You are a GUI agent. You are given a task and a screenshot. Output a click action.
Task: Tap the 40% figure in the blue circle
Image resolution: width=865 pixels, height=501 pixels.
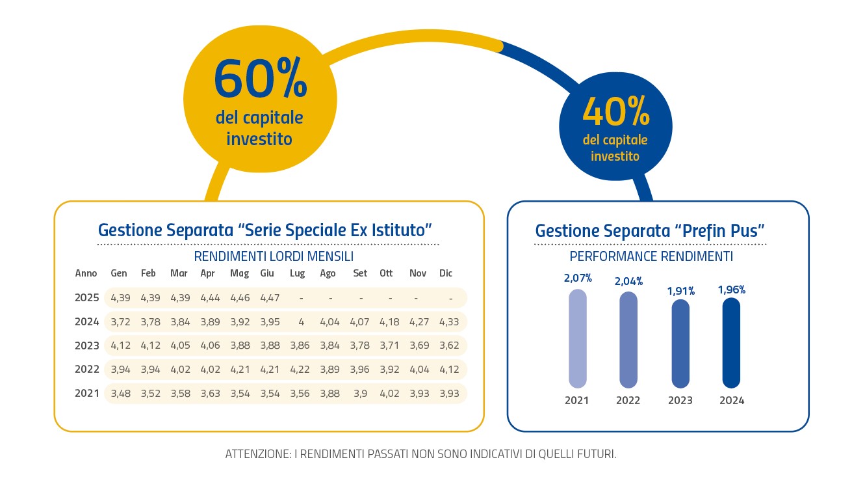point(615,112)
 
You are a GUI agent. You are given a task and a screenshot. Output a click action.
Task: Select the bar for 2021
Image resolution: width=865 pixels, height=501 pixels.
point(577,338)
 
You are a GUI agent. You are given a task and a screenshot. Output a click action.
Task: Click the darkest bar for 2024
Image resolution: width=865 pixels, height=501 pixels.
point(732,342)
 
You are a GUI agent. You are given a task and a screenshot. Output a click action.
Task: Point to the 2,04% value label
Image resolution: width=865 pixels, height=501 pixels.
point(629,281)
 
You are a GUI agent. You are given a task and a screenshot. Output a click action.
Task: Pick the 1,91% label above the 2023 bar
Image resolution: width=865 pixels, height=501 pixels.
point(680,291)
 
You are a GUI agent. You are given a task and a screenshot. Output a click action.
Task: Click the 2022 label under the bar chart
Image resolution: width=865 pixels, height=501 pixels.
point(628,400)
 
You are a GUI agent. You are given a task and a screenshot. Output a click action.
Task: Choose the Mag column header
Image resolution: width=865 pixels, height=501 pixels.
point(239,273)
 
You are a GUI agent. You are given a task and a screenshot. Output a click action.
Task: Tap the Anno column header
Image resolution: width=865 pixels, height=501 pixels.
point(86,273)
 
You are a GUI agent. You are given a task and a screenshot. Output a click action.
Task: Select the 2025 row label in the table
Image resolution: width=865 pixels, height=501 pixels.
point(87,298)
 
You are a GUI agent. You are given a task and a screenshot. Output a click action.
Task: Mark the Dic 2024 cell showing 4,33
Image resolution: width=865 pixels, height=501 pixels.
point(449,321)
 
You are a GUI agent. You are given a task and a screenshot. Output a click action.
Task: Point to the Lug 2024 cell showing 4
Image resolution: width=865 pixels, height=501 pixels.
point(300,321)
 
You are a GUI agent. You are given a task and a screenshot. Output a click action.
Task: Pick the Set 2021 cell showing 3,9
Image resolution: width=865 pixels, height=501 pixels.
point(359,393)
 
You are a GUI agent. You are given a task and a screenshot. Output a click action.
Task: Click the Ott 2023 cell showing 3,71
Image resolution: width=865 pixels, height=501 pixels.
point(389,345)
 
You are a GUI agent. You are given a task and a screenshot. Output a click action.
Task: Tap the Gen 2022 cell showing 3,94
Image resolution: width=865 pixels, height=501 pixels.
point(121,370)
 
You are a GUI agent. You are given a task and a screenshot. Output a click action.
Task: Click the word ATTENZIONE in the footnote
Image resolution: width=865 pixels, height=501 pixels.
point(257,454)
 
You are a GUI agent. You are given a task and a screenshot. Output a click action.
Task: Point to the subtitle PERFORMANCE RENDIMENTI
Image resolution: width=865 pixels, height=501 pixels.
point(651,256)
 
